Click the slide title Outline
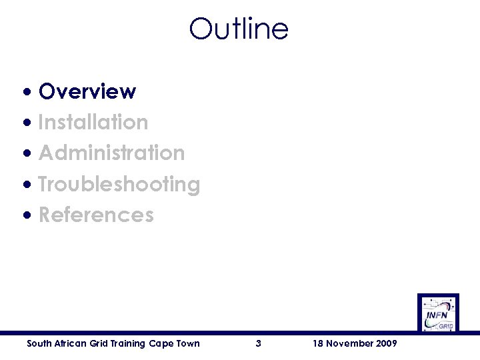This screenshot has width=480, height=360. click(x=239, y=29)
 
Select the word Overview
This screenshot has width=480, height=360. click(x=87, y=91)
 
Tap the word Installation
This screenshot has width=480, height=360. click(x=93, y=122)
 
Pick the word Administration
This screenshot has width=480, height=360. click(x=111, y=153)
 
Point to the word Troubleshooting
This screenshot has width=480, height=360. click(x=119, y=184)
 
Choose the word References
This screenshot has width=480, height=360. click(x=96, y=215)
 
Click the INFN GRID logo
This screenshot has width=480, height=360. click(x=438, y=313)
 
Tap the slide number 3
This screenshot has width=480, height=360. click(x=258, y=343)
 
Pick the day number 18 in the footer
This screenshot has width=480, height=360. click(x=318, y=343)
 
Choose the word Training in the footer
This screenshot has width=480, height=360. click(x=128, y=343)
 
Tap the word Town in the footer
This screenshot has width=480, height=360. click(x=187, y=343)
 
